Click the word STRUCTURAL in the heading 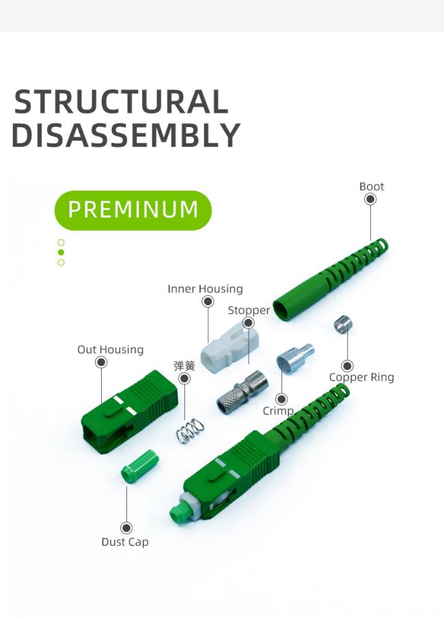click(121, 102)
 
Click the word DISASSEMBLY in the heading click(126, 135)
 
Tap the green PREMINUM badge click(133, 210)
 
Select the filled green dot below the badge click(61, 253)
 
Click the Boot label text click(372, 186)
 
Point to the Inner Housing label click(205, 289)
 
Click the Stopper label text click(249, 310)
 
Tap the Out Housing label click(110, 350)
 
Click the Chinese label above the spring click(184, 366)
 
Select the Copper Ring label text click(361, 377)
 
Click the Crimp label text click(278, 411)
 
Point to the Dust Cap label click(125, 542)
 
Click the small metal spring click(191, 430)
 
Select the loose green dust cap click(139, 466)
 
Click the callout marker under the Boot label click(370, 199)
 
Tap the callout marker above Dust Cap click(126, 528)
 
